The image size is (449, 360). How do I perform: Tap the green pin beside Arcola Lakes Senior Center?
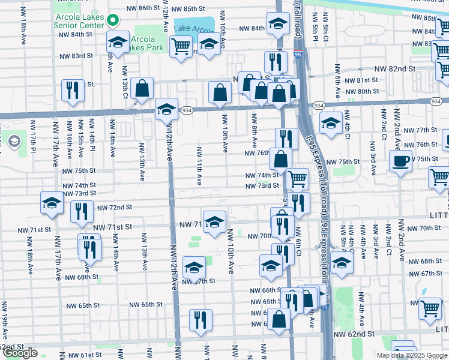[x=112, y=21]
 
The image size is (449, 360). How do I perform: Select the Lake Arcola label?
[x=193, y=28]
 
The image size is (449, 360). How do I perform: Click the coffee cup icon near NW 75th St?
[x=400, y=160]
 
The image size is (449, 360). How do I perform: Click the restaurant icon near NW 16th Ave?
[x=73, y=90]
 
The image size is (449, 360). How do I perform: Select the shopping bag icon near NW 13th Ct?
[x=143, y=88]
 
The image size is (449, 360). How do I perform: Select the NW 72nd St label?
[x=113, y=207]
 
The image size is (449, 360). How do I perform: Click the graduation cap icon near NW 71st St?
[x=214, y=221]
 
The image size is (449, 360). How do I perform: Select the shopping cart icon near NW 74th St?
[x=297, y=178]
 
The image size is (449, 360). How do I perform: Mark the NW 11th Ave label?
[x=199, y=165]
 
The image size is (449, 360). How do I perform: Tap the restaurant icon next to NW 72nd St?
[x=82, y=211]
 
